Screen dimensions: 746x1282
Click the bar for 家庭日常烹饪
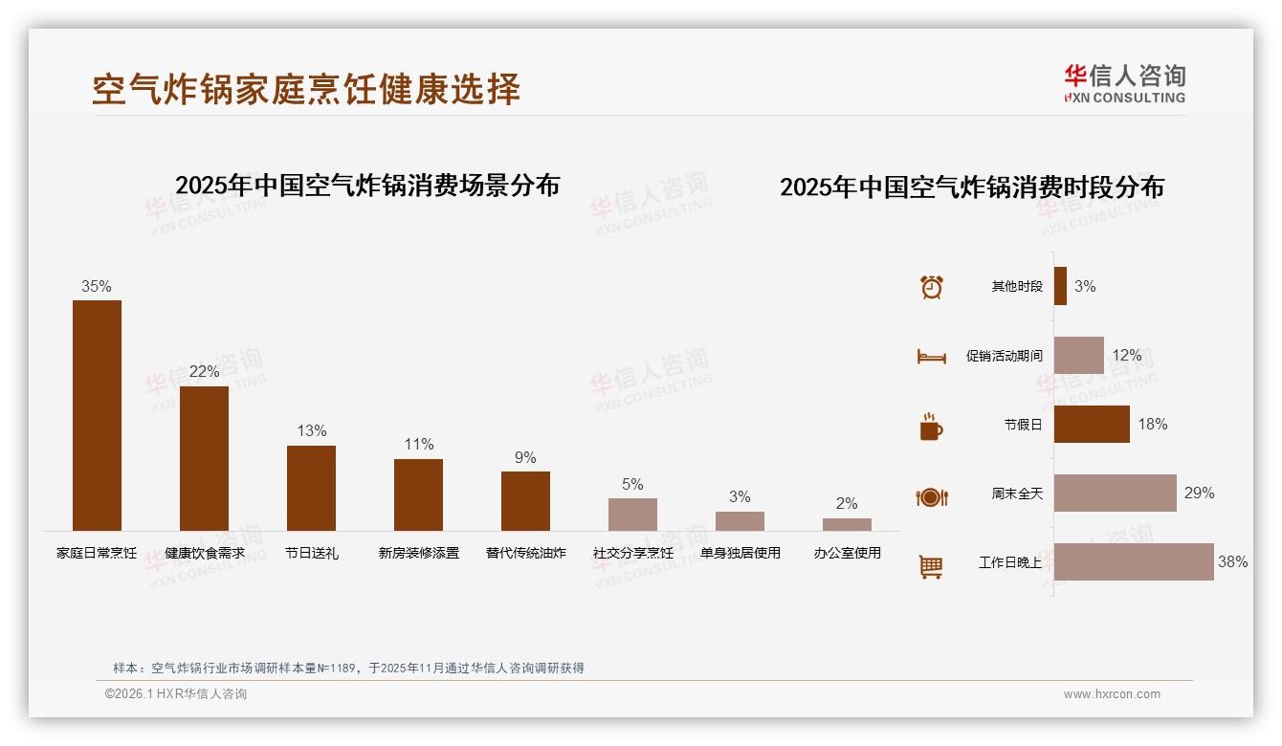coord(97,415)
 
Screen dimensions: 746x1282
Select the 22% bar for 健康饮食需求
coord(204,458)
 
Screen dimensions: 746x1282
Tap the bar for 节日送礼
coord(311,488)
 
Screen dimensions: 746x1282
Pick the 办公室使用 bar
coord(847,524)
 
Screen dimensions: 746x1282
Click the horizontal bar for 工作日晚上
coord(1134,562)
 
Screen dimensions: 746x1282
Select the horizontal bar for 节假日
coord(1092,425)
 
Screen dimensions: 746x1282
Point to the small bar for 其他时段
coord(1060,286)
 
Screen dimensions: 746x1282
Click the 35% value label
coord(96,287)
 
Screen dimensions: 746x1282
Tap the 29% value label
coord(1199,494)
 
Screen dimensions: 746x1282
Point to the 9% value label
coord(525,458)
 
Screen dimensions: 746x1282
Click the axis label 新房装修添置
coord(418,553)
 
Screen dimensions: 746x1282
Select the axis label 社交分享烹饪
coord(632,553)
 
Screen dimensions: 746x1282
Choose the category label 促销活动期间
coord(1004,356)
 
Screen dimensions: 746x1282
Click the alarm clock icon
coord(931,287)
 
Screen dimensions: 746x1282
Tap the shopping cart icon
coord(931,566)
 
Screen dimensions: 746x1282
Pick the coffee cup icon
coord(931,427)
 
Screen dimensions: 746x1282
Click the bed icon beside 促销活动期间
coord(931,357)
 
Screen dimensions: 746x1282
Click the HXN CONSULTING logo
coord(1124,84)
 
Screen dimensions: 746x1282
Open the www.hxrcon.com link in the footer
coord(1112,694)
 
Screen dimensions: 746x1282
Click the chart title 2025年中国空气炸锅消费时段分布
coord(971,187)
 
